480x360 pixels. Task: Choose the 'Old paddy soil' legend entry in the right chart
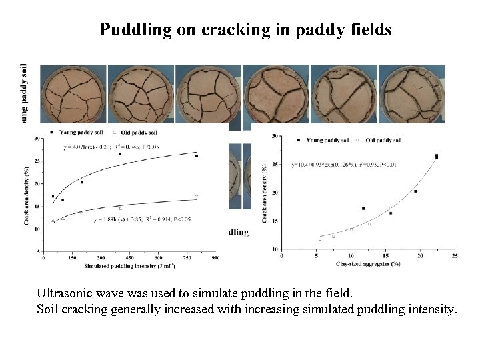[384, 140]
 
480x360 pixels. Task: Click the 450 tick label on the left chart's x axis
[129, 257]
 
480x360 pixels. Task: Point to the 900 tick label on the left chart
[215, 257]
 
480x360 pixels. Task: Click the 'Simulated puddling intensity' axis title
[130, 267]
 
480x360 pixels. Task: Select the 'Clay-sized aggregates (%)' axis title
[367, 263]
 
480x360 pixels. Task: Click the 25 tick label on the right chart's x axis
[455, 255]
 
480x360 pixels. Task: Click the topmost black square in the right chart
[437, 156]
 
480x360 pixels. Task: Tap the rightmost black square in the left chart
[197, 156]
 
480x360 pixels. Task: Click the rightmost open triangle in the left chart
[197, 196]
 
